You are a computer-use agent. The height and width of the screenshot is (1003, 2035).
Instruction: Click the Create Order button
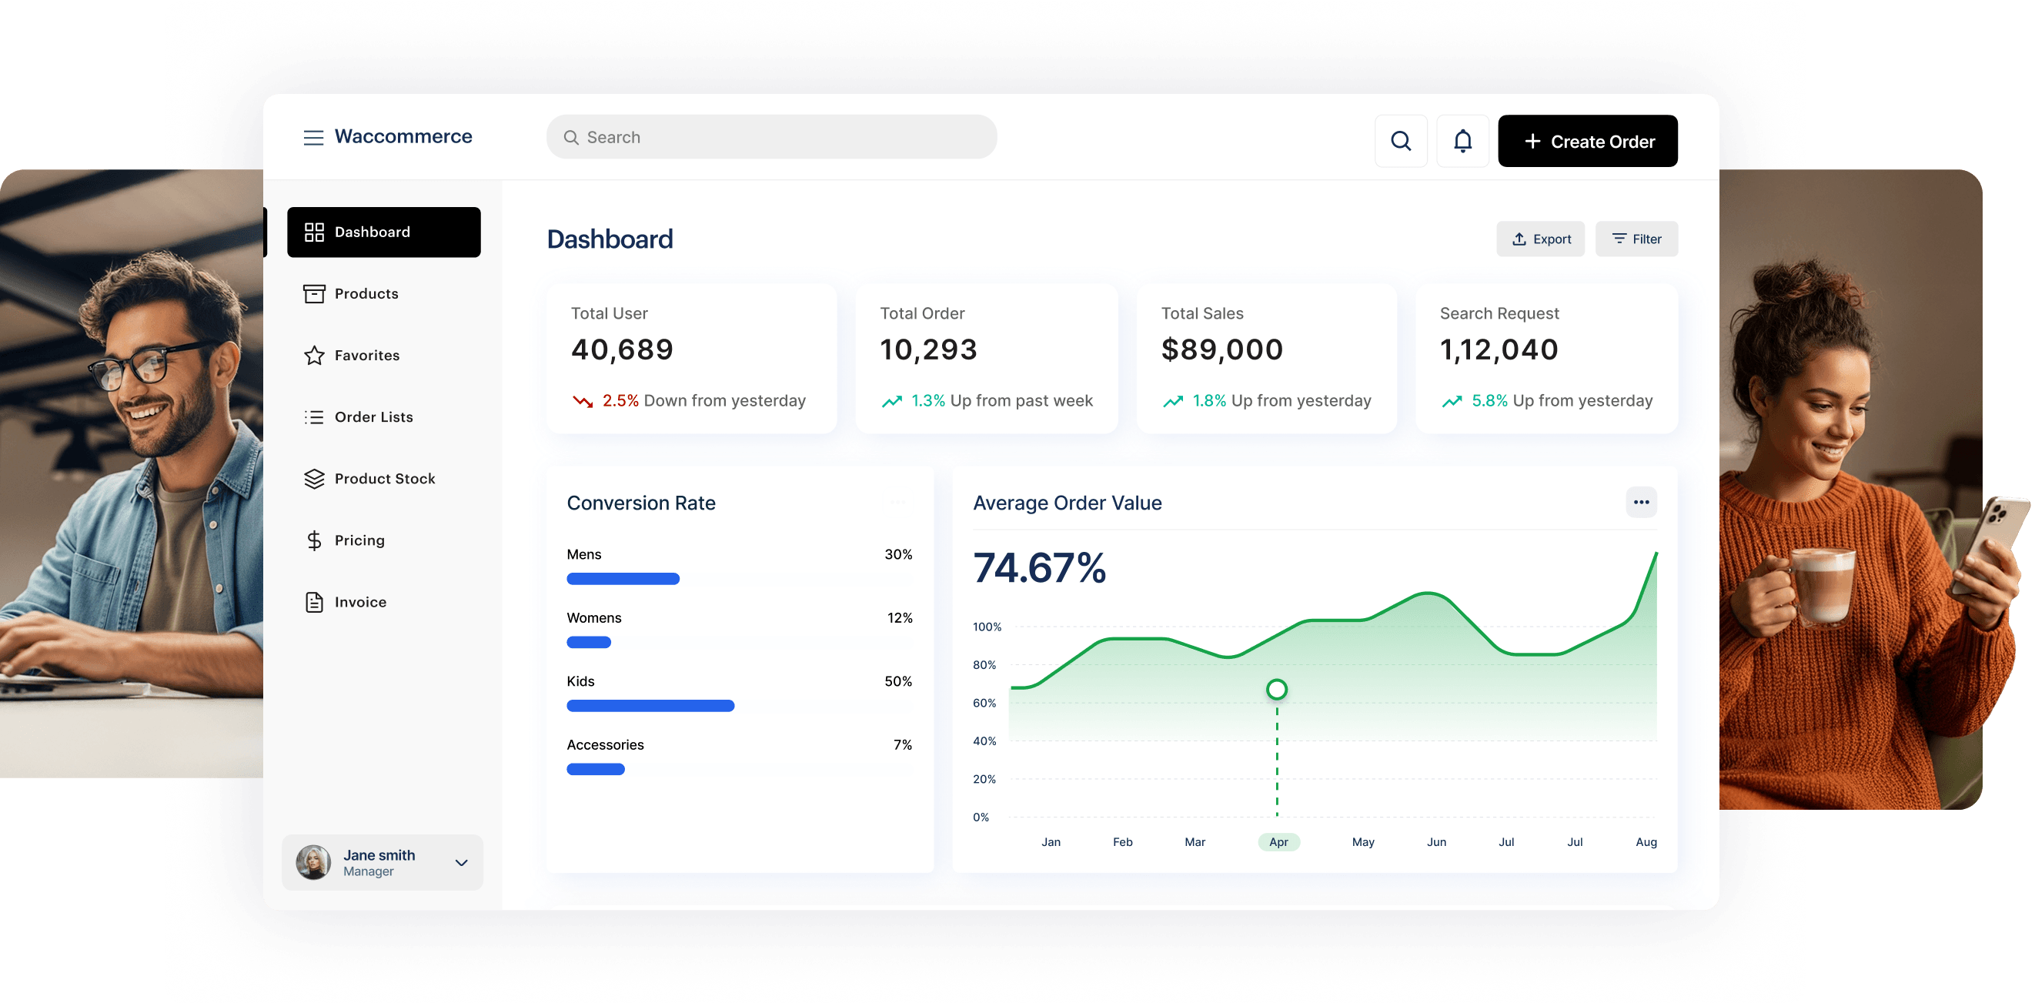pos(1587,141)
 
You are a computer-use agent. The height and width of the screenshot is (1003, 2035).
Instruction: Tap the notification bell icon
pos(1462,141)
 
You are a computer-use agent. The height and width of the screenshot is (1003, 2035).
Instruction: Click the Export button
pos(1539,239)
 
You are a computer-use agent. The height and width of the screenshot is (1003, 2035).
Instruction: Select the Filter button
pos(1636,239)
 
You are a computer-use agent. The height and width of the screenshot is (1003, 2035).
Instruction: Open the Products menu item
pos(366,293)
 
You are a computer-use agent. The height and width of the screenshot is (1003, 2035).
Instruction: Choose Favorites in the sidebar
pos(366,355)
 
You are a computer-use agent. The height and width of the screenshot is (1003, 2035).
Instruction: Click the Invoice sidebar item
pos(359,601)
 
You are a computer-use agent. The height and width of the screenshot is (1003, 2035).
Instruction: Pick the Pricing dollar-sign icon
pos(313,540)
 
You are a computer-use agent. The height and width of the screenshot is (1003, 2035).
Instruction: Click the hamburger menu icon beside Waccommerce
pos(313,138)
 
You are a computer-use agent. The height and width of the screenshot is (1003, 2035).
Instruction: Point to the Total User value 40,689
pos(622,349)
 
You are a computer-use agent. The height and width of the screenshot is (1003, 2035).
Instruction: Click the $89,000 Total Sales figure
pos(1221,349)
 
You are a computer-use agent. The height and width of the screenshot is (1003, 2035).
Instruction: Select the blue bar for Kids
pos(650,706)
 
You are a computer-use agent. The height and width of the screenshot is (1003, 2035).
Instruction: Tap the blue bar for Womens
pos(589,643)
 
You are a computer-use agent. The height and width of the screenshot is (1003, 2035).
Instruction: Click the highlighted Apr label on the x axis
pos(1278,842)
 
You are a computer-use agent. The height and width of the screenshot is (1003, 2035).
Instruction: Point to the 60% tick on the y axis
pos(984,703)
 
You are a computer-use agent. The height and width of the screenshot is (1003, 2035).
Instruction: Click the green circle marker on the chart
pos(1277,689)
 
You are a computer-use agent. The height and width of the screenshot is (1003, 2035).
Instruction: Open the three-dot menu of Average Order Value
pos(1641,502)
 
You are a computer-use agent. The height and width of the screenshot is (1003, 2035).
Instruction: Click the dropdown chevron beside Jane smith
pos(461,862)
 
